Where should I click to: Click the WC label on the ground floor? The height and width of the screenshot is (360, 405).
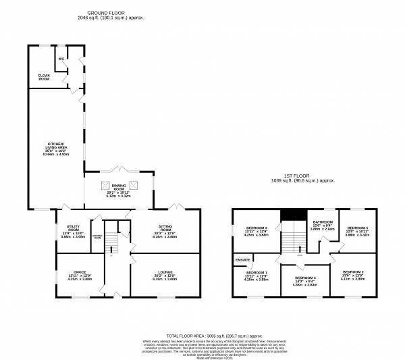61,59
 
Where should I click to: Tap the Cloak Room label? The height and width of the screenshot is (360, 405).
44,76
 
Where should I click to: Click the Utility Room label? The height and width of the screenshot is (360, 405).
73,229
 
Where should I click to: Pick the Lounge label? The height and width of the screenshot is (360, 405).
165,274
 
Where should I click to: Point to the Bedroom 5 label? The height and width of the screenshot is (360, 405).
357,228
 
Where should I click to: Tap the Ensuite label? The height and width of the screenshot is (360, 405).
242,259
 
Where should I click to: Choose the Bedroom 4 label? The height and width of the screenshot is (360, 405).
304,278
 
